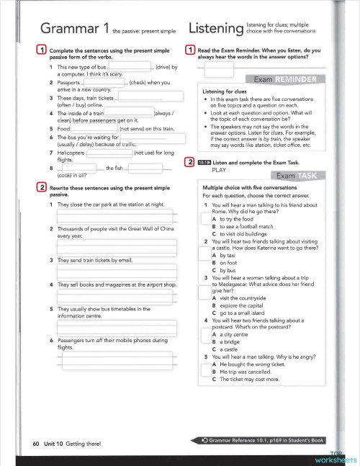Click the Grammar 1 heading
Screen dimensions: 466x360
tap(75, 28)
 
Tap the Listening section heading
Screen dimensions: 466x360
tap(214, 29)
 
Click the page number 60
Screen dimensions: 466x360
tap(36, 444)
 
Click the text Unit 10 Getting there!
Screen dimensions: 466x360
tap(72, 444)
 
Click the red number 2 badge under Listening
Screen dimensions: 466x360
tap(189, 162)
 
